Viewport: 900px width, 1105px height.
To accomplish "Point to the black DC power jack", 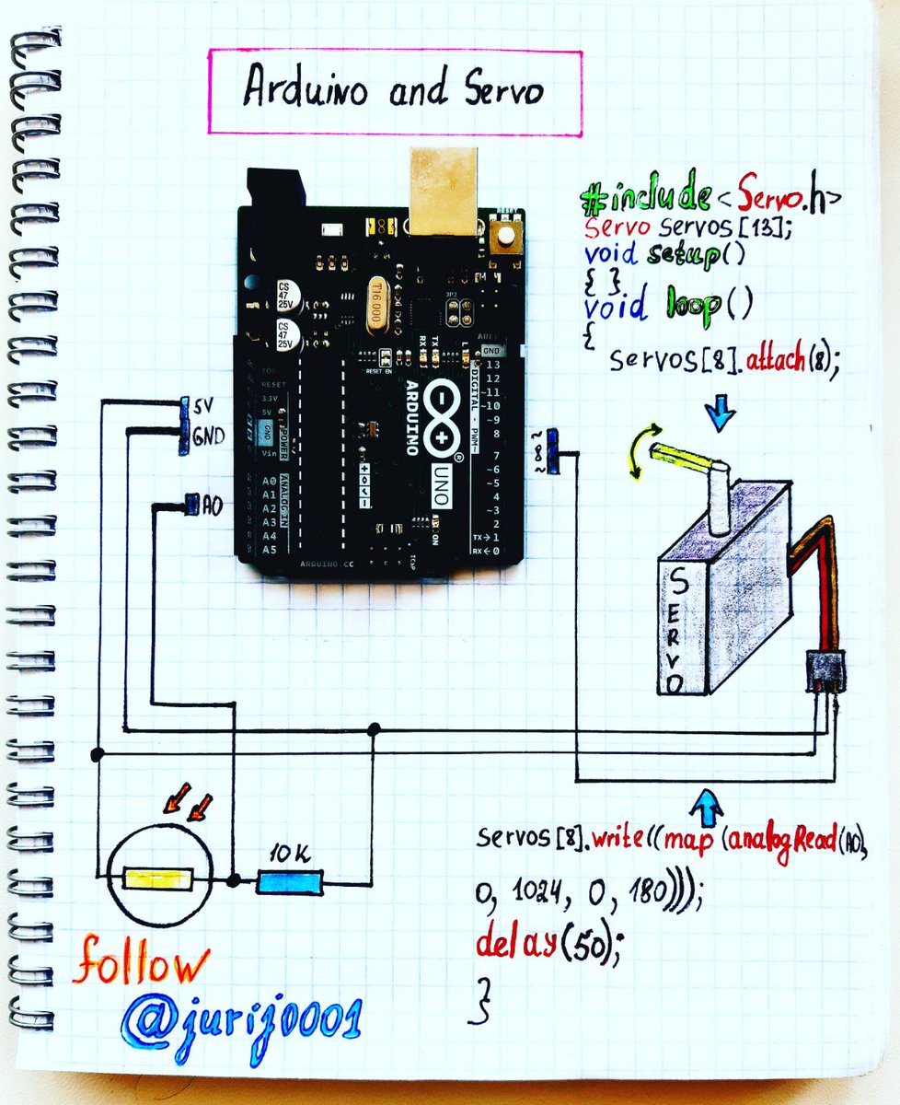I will coord(273,192).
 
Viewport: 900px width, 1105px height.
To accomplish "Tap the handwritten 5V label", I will coord(202,405).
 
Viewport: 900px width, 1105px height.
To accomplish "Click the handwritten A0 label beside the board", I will coord(211,505).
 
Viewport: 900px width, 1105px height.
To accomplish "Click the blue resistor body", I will coord(289,882).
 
